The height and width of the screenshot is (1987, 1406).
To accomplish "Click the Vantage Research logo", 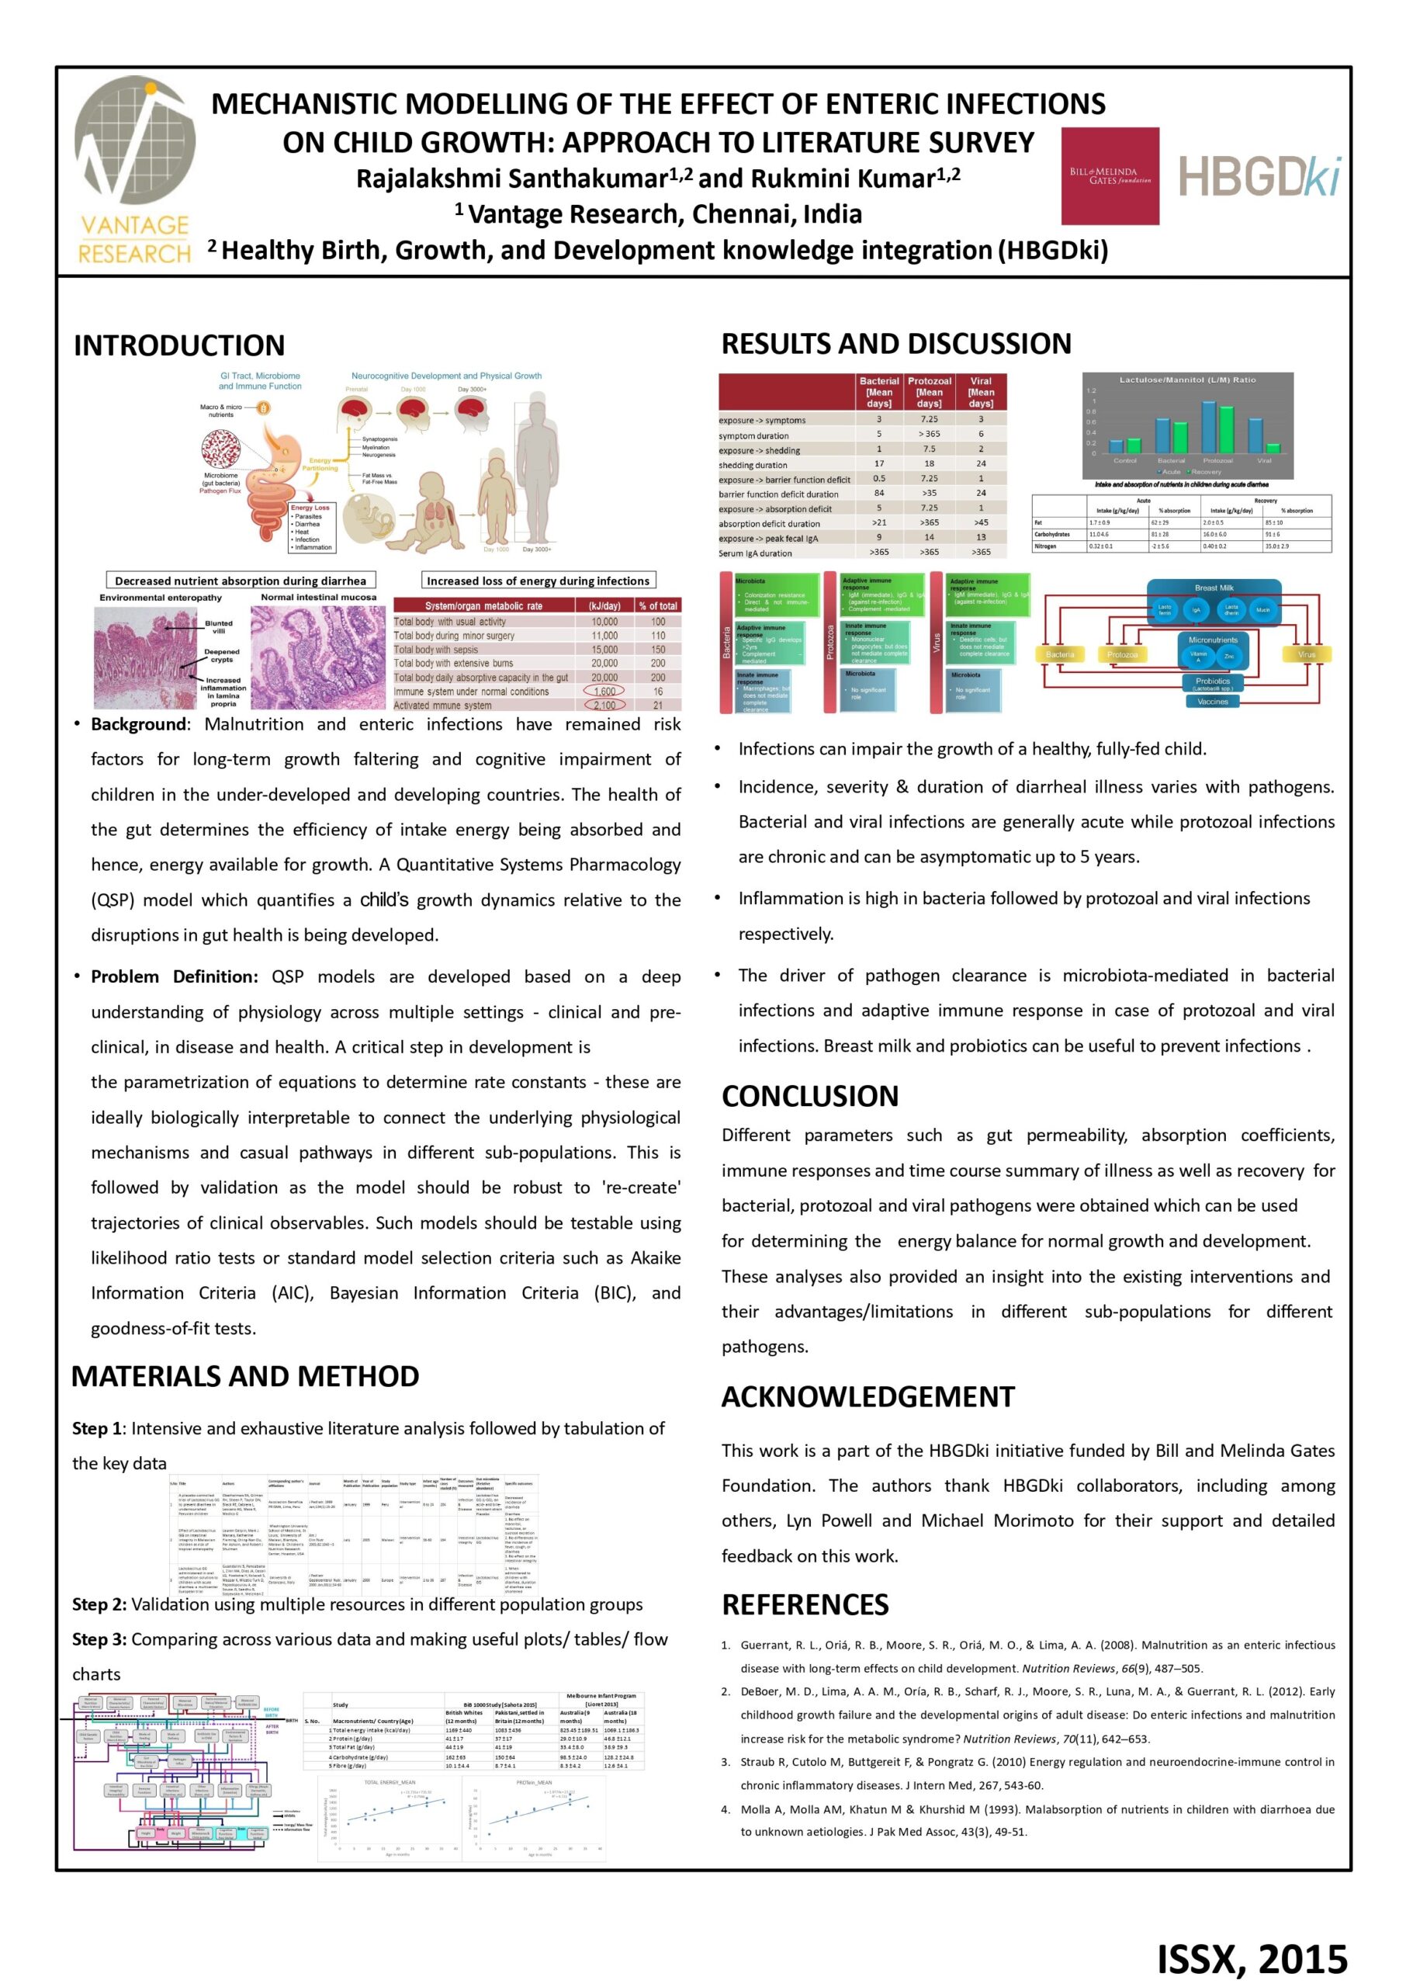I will click(x=134, y=170).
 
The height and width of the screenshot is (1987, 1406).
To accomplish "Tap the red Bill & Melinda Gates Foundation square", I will click(x=1110, y=175).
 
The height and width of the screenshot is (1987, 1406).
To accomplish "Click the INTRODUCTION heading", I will click(x=179, y=345).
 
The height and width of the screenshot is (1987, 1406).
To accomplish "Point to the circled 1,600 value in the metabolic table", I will click(x=604, y=691).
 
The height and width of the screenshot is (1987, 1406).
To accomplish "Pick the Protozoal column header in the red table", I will click(x=929, y=391).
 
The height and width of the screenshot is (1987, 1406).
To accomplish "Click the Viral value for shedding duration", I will click(x=981, y=464).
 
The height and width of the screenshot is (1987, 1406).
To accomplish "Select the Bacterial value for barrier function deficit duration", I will click(x=878, y=494).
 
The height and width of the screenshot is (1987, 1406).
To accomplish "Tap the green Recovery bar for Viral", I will click(x=1273, y=448).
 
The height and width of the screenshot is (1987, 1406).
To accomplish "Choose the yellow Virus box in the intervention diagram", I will click(x=1307, y=654).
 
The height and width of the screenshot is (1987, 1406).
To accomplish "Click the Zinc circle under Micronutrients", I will click(x=1228, y=657).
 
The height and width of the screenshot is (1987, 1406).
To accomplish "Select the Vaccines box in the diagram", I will click(x=1212, y=702).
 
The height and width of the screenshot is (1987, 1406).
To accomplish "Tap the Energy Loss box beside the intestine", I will click(x=311, y=527).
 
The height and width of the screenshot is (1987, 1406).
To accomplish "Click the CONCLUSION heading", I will click(x=809, y=1096).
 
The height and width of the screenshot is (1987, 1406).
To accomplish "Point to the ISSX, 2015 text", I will click(x=1252, y=1958).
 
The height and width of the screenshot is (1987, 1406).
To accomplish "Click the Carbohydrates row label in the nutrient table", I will click(x=1052, y=534).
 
